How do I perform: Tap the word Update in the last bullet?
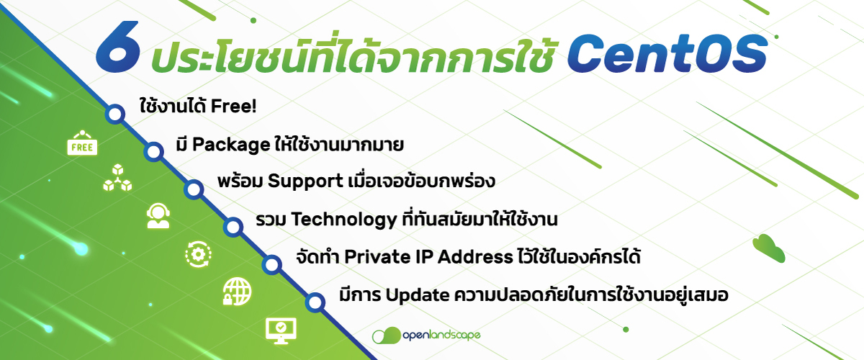click(x=418, y=295)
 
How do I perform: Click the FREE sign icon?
click(x=81, y=145)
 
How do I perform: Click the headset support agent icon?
click(x=158, y=215)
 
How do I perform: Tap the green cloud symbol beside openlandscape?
click(x=387, y=336)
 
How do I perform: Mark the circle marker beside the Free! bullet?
click(x=114, y=114)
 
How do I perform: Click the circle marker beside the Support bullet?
click(x=193, y=189)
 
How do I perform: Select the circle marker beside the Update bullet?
click(x=314, y=302)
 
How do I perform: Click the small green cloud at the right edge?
click(x=768, y=248)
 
